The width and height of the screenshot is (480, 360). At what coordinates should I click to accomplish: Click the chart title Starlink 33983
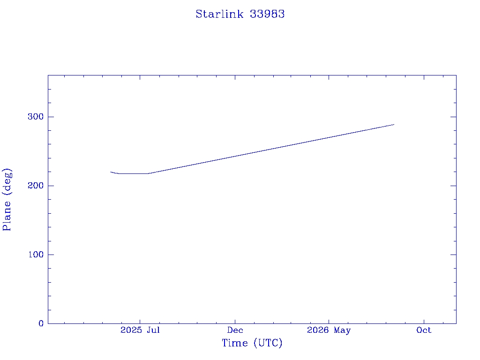point(240,14)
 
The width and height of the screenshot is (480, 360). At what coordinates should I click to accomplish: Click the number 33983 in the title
point(267,14)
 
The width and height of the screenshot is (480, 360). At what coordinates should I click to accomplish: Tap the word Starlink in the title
point(219,14)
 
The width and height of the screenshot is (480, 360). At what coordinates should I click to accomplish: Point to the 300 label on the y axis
point(36,117)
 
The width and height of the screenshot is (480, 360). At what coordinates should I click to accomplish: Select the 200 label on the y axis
point(36,186)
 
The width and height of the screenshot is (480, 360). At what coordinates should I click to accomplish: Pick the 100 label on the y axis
point(36,255)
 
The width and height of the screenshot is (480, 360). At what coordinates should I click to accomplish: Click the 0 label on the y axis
point(41,323)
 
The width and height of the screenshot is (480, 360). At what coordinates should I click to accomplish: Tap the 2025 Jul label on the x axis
point(140,330)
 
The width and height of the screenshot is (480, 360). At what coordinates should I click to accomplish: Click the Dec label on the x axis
point(235,330)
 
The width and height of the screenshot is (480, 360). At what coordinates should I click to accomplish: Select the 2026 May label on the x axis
point(329,330)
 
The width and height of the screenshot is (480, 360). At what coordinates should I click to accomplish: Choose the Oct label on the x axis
point(424,330)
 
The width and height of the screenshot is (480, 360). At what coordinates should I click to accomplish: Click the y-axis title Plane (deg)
point(7,199)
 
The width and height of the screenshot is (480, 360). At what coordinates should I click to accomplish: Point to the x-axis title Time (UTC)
point(252,343)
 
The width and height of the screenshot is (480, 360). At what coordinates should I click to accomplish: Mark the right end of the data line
point(394,125)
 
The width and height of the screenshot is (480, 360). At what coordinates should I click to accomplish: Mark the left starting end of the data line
point(111,172)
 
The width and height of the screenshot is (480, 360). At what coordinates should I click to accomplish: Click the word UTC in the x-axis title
point(268,343)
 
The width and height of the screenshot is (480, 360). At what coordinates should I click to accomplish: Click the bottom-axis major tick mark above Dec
point(235,322)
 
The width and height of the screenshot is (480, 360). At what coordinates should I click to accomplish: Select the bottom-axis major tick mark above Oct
point(424,322)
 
